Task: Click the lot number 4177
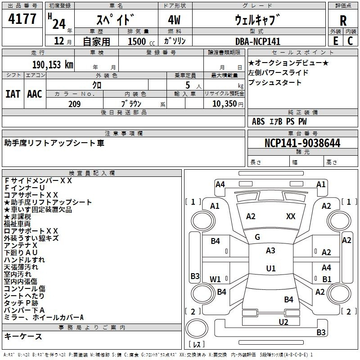pyautogui.click(x=22, y=19)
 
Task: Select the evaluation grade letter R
pyautogui.click(x=343, y=21)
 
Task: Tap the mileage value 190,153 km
pyautogui.click(x=53, y=65)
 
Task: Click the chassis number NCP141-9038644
pyautogui.click(x=302, y=143)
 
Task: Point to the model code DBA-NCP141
pyautogui.click(x=258, y=41)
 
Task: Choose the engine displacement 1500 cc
pyautogui.click(x=141, y=41)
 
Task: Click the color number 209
pyautogui.click(x=75, y=104)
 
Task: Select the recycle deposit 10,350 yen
pyautogui.click(x=228, y=104)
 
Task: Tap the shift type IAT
pyautogui.click(x=13, y=94)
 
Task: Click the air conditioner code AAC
pyautogui.click(x=35, y=94)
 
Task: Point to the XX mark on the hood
pyautogui.click(x=291, y=216)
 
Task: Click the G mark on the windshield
pyautogui.click(x=257, y=237)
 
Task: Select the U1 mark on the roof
pyautogui.click(x=271, y=268)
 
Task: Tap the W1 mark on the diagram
pyautogui.click(x=215, y=279)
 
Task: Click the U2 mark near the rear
pyautogui.click(x=283, y=322)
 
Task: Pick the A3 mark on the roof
pyautogui.click(x=270, y=251)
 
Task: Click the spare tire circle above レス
pyautogui.click(x=197, y=328)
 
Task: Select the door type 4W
pyautogui.click(x=174, y=20)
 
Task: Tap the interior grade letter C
pyautogui.click(x=350, y=41)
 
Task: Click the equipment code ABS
pyautogui.click(x=258, y=121)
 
